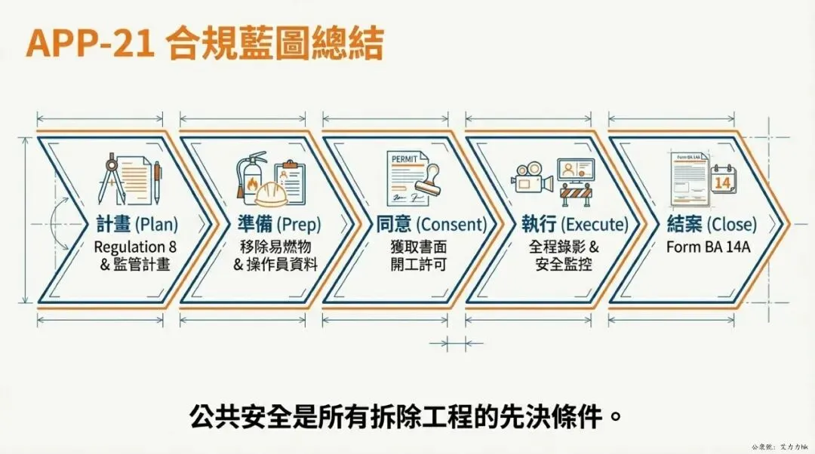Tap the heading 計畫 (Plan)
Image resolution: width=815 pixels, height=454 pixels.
(137, 224)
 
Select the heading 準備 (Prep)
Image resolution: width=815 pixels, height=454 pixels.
(278, 224)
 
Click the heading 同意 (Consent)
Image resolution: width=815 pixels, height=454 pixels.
(431, 224)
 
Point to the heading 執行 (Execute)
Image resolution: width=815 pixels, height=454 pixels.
(574, 224)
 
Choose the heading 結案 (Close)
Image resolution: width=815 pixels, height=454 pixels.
(711, 224)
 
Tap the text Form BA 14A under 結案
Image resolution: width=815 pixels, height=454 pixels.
(708, 247)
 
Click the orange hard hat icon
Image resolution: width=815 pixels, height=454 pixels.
(271, 195)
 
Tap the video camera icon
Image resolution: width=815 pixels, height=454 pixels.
(531, 179)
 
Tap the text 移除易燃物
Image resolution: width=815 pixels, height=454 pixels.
(278, 247)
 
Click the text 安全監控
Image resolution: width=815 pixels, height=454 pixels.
(563, 265)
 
